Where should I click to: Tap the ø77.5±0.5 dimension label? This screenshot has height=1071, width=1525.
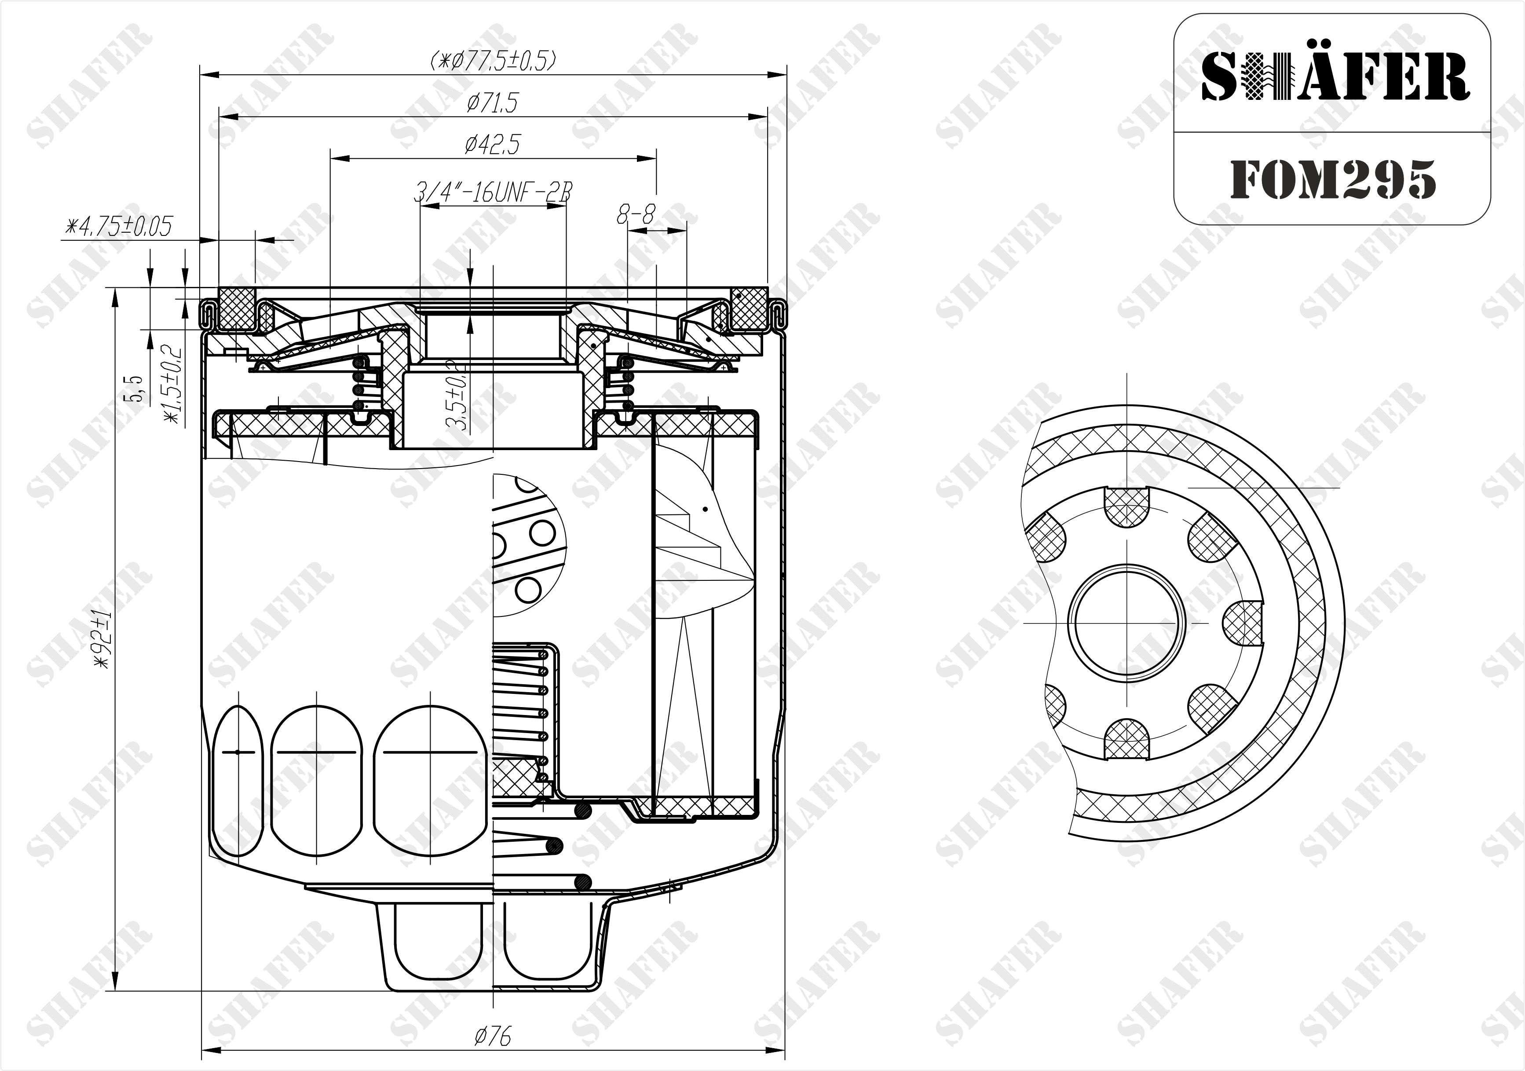(x=493, y=61)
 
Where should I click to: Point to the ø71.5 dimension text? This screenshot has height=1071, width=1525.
(x=492, y=103)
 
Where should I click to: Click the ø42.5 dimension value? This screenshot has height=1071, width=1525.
(x=492, y=144)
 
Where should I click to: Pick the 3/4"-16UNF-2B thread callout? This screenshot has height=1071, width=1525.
(x=492, y=193)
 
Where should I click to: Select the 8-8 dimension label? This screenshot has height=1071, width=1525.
(x=636, y=214)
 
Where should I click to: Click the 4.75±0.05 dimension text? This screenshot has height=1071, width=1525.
(x=117, y=227)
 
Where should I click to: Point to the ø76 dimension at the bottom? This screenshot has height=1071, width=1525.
(x=492, y=1035)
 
